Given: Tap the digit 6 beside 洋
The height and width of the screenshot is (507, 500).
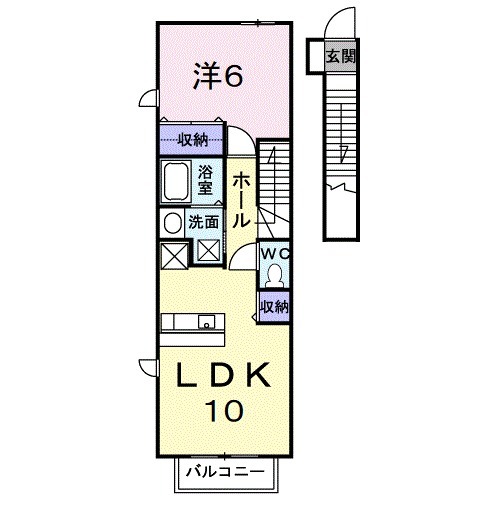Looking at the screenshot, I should coord(233,76).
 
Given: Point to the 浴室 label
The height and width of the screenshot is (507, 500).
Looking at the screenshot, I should coord(205,178).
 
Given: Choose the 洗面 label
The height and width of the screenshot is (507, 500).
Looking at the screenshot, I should coord(205,222).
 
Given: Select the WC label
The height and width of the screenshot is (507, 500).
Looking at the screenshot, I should coord(273,254).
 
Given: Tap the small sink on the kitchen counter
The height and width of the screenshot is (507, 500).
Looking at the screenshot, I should coord(206,322).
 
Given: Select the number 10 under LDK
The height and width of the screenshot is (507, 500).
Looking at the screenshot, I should coord(225,409).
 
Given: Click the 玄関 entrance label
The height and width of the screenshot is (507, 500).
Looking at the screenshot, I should coord(339,56).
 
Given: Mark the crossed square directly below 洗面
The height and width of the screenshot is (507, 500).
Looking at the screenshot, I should coord(209,251).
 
